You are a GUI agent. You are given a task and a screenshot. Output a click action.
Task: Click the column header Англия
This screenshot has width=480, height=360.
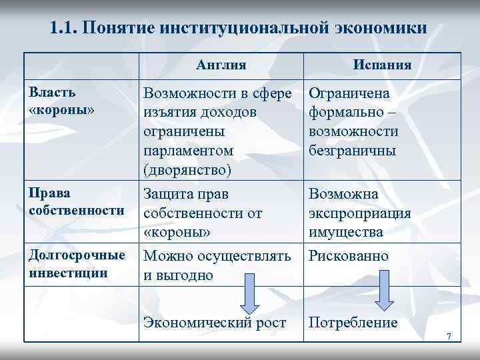(x=221, y=65)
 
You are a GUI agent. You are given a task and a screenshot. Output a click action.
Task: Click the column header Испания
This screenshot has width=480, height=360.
(x=382, y=65)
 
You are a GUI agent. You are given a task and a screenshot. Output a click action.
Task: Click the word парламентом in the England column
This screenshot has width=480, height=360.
(x=189, y=151)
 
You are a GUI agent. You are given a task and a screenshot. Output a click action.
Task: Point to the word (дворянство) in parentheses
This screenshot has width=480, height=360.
(x=187, y=170)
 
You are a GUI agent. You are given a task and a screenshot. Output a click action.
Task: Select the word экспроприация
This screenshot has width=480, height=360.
(x=359, y=213)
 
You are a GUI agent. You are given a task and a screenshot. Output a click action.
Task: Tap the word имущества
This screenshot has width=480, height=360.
(x=346, y=232)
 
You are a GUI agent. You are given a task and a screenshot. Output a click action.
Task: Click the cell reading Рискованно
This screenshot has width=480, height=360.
(x=349, y=256)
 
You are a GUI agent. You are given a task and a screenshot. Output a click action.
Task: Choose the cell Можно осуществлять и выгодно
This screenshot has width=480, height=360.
(x=217, y=265)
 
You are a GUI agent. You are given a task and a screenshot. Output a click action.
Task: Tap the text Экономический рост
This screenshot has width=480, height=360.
(x=215, y=323)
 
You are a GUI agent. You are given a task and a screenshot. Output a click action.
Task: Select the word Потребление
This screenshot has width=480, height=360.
(x=353, y=323)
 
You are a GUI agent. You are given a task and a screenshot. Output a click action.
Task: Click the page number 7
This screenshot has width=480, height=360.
(x=449, y=337)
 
